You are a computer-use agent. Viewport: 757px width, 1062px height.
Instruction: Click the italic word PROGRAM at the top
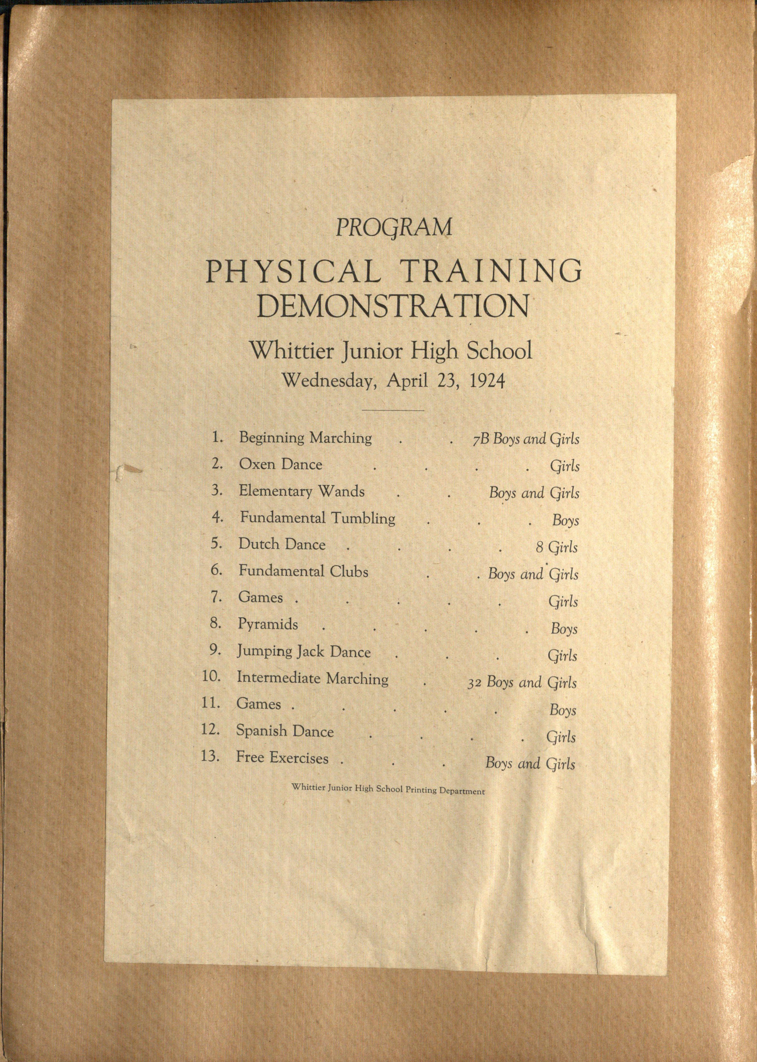click(394, 227)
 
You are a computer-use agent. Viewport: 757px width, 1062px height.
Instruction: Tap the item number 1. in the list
click(218, 437)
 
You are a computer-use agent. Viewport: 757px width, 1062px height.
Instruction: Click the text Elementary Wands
click(302, 491)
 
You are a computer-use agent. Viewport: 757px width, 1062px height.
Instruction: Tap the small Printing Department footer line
click(388, 791)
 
